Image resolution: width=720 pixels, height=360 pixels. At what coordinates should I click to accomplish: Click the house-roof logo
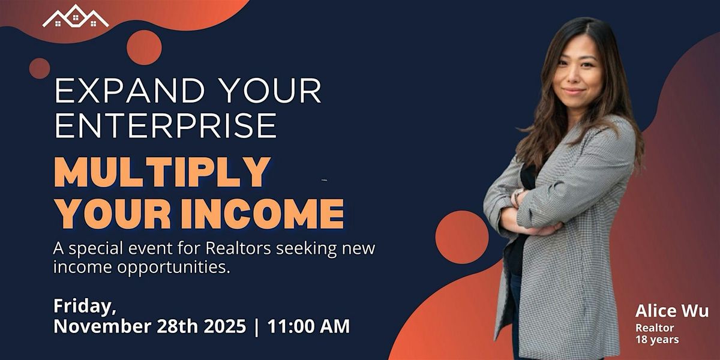pyautogui.click(x=76, y=17)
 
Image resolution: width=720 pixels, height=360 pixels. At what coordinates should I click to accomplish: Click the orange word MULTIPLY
pyautogui.click(x=161, y=173)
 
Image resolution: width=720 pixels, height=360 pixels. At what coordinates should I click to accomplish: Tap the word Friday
pyautogui.click(x=85, y=305)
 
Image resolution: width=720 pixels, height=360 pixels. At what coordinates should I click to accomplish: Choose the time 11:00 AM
pyautogui.click(x=308, y=326)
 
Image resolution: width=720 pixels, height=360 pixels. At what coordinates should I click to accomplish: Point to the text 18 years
pyautogui.click(x=658, y=340)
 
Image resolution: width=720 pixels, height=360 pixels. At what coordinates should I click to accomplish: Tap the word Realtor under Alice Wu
pyautogui.click(x=655, y=328)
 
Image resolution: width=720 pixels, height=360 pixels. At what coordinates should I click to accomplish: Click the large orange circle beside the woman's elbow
pyautogui.click(x=461, y=237)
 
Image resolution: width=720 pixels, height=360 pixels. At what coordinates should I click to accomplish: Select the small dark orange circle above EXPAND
pyautogui.click(x=40, y=68)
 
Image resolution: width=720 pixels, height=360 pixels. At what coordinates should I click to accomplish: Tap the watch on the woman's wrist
pyautogui.click(x=516, y=197)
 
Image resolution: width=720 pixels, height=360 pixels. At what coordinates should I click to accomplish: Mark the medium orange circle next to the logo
pyautogui.click(x=144, y=47)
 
